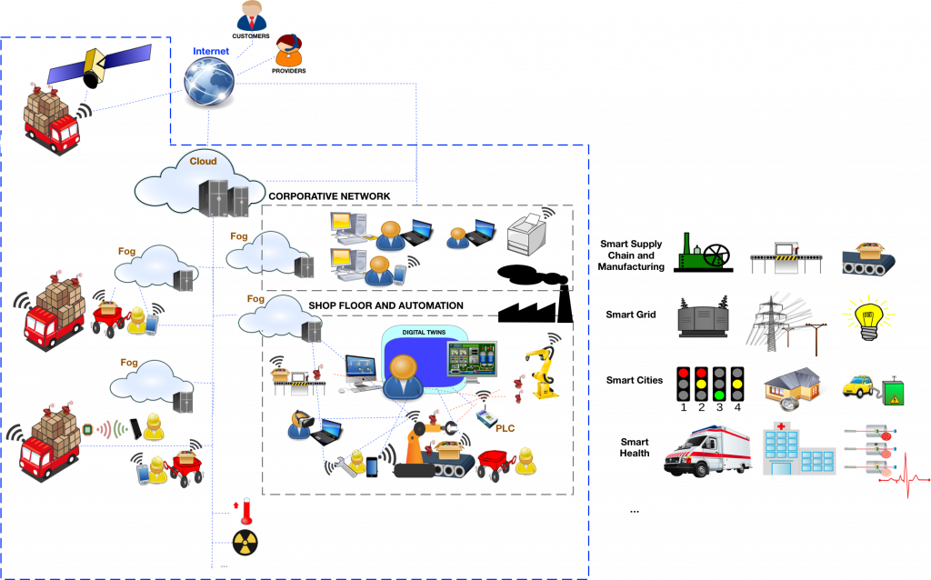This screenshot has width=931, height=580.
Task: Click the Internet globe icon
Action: pos(209,82)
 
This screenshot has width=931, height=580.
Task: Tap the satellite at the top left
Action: pos(98,65)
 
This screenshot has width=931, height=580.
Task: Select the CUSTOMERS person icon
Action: pos(252,16)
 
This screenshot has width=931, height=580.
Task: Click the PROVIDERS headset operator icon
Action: pos(289,51)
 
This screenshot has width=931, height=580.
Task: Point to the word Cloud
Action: pos(203,161)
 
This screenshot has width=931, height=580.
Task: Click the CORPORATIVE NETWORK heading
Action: pos(329,195)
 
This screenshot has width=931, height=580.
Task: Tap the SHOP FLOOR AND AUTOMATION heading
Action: pos(385,305)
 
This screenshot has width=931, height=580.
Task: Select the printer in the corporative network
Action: pos(526,234)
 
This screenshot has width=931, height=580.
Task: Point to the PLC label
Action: pos(506,428)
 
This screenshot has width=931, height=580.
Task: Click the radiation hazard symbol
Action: pos(245,543)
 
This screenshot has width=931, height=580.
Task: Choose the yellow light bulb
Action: pos(868,317)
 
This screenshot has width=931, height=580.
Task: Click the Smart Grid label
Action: pos(631,315)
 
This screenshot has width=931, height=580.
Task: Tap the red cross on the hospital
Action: pos(781,426)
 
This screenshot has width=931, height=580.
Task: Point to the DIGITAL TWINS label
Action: pos(424,333)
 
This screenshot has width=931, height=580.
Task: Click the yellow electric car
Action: pos(857,386)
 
